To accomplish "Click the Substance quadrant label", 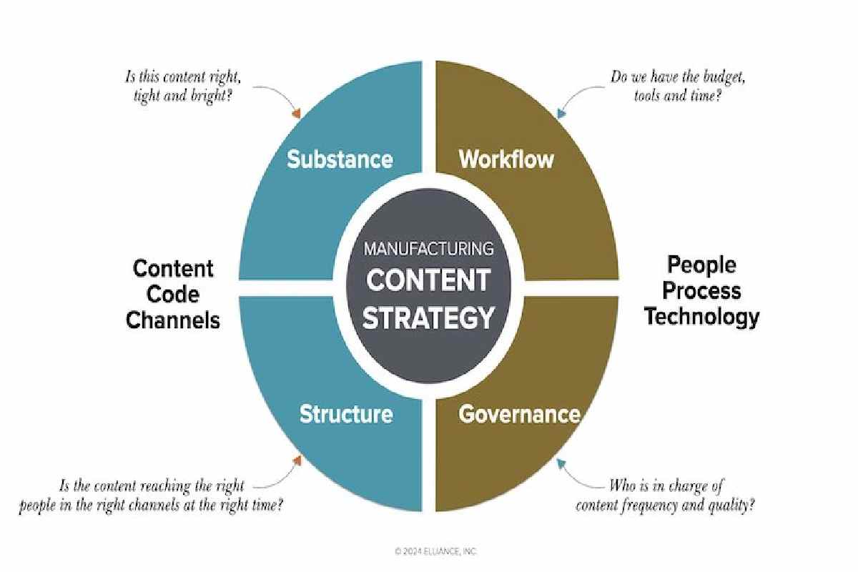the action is pyautogui.click(x=340, y=159).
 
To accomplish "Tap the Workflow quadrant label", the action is pyautogui.click(x=506, y=159).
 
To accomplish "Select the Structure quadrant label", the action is pyautogui.click(x=346, y=414).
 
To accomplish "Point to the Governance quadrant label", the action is pyautogui.click(x=519, y=414).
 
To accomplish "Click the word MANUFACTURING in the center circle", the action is pyautogui.click(x=428, y=249).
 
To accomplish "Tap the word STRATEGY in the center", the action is pyautogui.click(x=428, y=317).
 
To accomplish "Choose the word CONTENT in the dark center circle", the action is pyautogui.click(x=428, y=280).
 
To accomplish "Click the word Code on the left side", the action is pyautogui.click(x=173, y=295).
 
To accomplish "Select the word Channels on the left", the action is pyautogui.click(x=173, y=320).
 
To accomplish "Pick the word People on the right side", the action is pyautogui.click(x=701, y=265).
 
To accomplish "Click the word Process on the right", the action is pyautogui.click(x=701, y=291).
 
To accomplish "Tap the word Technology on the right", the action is pyautogui.click(x=701, y=317).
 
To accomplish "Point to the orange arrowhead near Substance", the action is pyautogui.click(x=297, y=114).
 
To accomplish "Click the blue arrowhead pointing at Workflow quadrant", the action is pyautogui.click(x=561, y=114).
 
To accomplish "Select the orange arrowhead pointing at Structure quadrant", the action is pyautogui.click(x=297, y=460).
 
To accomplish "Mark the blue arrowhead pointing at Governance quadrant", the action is pyautogui.click(x=561, y=464).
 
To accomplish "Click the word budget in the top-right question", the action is pyautogui.click(x=724, y=78).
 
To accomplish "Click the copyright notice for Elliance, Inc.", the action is pyautogui.click(x=435, y=552).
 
